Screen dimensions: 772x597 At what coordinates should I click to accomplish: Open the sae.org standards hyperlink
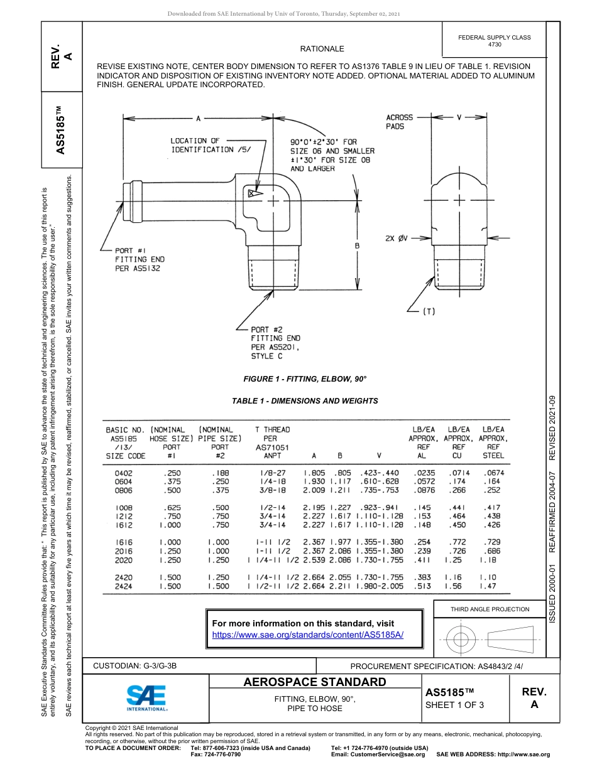coord(308,635)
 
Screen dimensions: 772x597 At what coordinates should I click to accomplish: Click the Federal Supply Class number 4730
coord(495,45)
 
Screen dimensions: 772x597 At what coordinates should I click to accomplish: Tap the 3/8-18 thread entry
coord(271,490)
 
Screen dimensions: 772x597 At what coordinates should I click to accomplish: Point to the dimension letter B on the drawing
coord(356,246)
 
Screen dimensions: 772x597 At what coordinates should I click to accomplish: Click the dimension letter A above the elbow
coord(198,117)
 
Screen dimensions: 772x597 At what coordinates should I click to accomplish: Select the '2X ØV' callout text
coord(397,238)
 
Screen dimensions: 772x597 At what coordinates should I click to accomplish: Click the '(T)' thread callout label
coord(429,311)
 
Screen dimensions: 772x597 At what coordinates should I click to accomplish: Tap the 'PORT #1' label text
coord(131,250)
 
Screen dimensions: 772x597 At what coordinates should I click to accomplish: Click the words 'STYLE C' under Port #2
coord(266,356)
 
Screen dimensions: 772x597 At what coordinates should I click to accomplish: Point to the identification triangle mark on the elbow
coord(253,194)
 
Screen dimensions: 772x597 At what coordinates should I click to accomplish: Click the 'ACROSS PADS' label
coord(399,122)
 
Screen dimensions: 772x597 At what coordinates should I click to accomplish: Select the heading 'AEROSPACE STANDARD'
coord(314,682)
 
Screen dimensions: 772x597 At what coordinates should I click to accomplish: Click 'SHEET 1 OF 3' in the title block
coord(454,705)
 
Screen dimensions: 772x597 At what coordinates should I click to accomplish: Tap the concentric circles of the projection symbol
coord(462,640)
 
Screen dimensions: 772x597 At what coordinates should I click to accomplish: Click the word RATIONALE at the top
coord(322,48)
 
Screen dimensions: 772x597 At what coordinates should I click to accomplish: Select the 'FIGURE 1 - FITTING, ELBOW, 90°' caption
coord(305,379)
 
